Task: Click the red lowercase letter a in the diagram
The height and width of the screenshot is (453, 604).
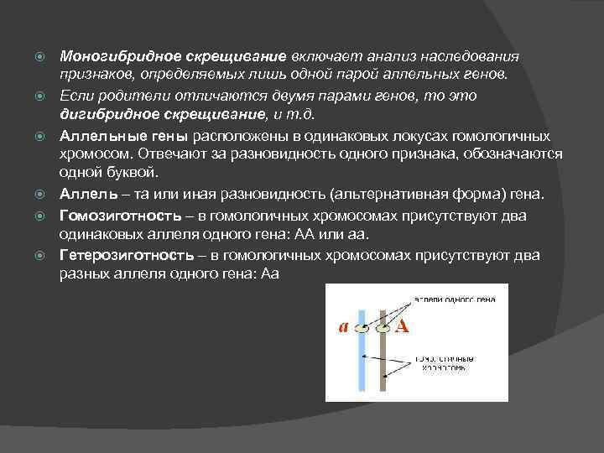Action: pos(343,327)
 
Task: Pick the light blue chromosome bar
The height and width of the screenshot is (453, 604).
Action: pos(362,361)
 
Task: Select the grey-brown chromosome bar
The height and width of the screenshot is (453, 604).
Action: pos(383,361)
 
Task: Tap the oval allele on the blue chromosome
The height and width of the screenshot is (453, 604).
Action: pos(362,328)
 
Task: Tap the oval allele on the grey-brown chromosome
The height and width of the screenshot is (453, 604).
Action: pos(383,328)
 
